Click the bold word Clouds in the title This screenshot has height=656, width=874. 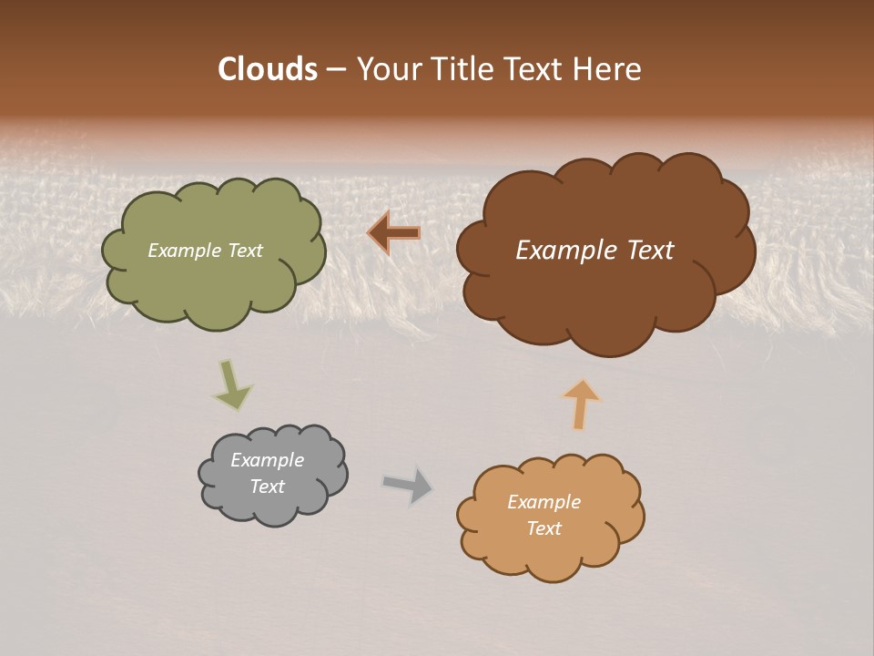tap(267, 69)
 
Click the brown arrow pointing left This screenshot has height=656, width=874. tap(395, 233)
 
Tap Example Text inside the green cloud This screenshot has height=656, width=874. tap(205, 251)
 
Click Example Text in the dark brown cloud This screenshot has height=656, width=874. tap(595, 251)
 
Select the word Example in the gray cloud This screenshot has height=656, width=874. tap(267, 460)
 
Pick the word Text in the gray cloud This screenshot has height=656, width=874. tap(267, 487)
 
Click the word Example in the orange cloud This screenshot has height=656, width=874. tap(544, 502)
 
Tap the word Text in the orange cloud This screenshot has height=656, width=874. tap(544, 528)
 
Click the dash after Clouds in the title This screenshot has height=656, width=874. tap(334, 69)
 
